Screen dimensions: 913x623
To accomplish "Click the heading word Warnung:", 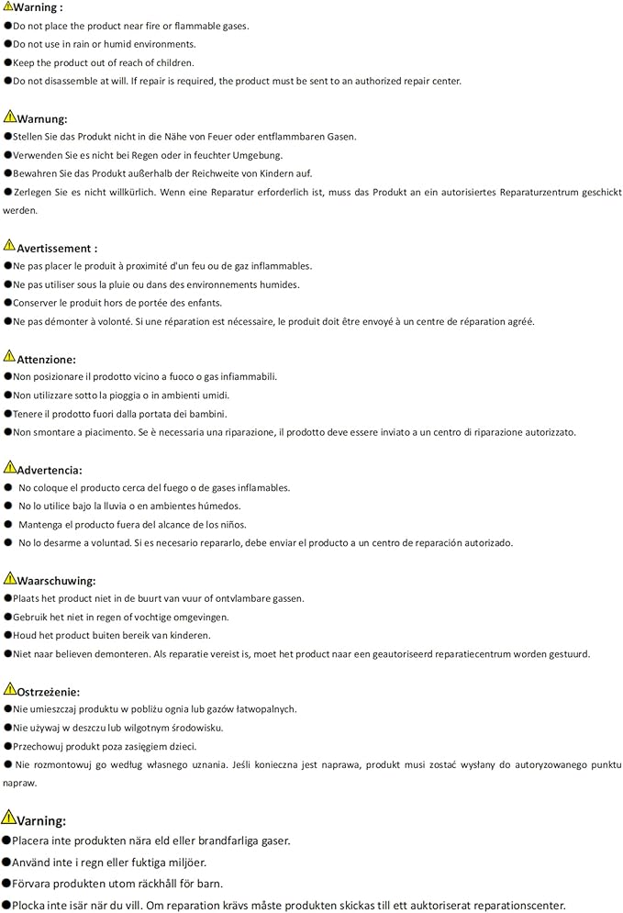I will [x=42, y=119].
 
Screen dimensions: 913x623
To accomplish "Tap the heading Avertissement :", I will [x=57, y=249].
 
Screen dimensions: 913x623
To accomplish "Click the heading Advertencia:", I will [x=50, y=470].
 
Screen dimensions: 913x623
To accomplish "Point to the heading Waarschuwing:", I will [x=56, y=581].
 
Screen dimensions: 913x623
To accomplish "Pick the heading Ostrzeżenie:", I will [x=48, y=692].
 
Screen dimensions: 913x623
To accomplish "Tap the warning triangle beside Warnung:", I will [x=9, y=117].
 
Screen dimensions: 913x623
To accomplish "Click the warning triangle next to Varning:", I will [x=9, y=818].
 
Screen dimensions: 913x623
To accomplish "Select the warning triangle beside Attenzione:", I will [x=9, y=357].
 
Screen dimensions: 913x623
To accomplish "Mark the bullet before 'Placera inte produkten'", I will [x=6, y=841].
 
